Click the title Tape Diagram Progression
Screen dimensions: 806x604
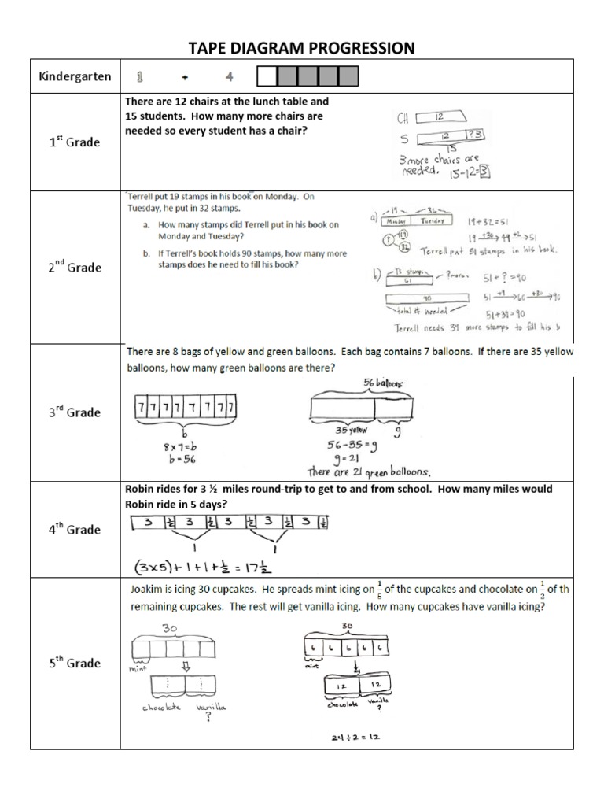pyautogui.click(x=302, y=48)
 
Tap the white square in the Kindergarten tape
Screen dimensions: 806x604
pyautogui.click(x=268, y=76)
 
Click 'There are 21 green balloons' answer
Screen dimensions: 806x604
pyautogui.click(x=370, y=471)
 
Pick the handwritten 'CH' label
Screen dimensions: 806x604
pyautogui.click(x=403, y=119)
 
